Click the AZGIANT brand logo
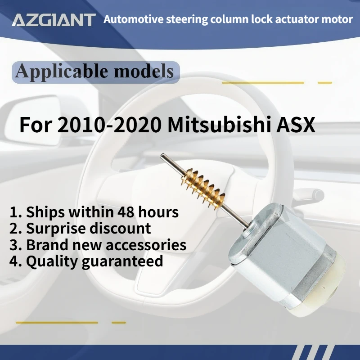pos(54,20)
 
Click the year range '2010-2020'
pos(110,125)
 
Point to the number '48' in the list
pos(136,211)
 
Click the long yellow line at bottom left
pos(57,322)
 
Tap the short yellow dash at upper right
pos(324,83)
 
